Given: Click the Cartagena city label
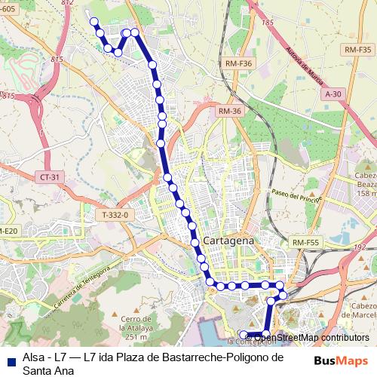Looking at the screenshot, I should tap(229, 239).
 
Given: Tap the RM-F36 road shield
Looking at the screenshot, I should tap(238, 64).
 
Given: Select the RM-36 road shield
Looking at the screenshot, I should tap(229, 111).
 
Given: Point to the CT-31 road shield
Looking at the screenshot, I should tap(47, 176).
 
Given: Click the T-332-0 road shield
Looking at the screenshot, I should tap(115, 215).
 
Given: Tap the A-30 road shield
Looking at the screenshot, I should tap(333, 93).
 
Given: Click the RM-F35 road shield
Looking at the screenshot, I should tap(357, 49).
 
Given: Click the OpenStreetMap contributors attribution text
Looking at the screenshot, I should tap(310, 338).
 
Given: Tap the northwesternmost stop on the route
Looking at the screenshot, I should tap(95, 21).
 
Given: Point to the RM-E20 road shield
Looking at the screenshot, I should tap(8, 230).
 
